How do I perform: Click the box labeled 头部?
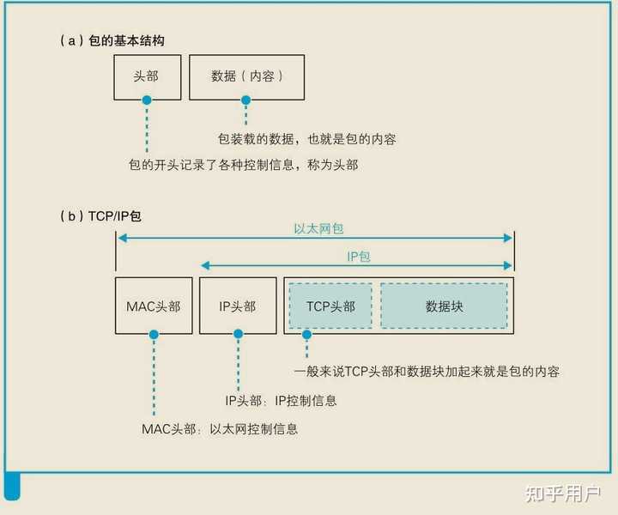146,76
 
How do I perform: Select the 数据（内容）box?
246,76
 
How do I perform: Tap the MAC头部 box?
154,306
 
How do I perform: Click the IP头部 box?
238,306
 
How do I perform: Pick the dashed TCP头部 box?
330,306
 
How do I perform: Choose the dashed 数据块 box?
444,306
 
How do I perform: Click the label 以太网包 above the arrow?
318,229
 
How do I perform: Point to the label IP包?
358,257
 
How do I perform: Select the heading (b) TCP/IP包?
101,216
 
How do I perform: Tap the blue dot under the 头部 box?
147,100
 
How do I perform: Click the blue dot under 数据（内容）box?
246,100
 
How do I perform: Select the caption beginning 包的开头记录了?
243,165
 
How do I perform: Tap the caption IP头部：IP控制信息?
281,401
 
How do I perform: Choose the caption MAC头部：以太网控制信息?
220,428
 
